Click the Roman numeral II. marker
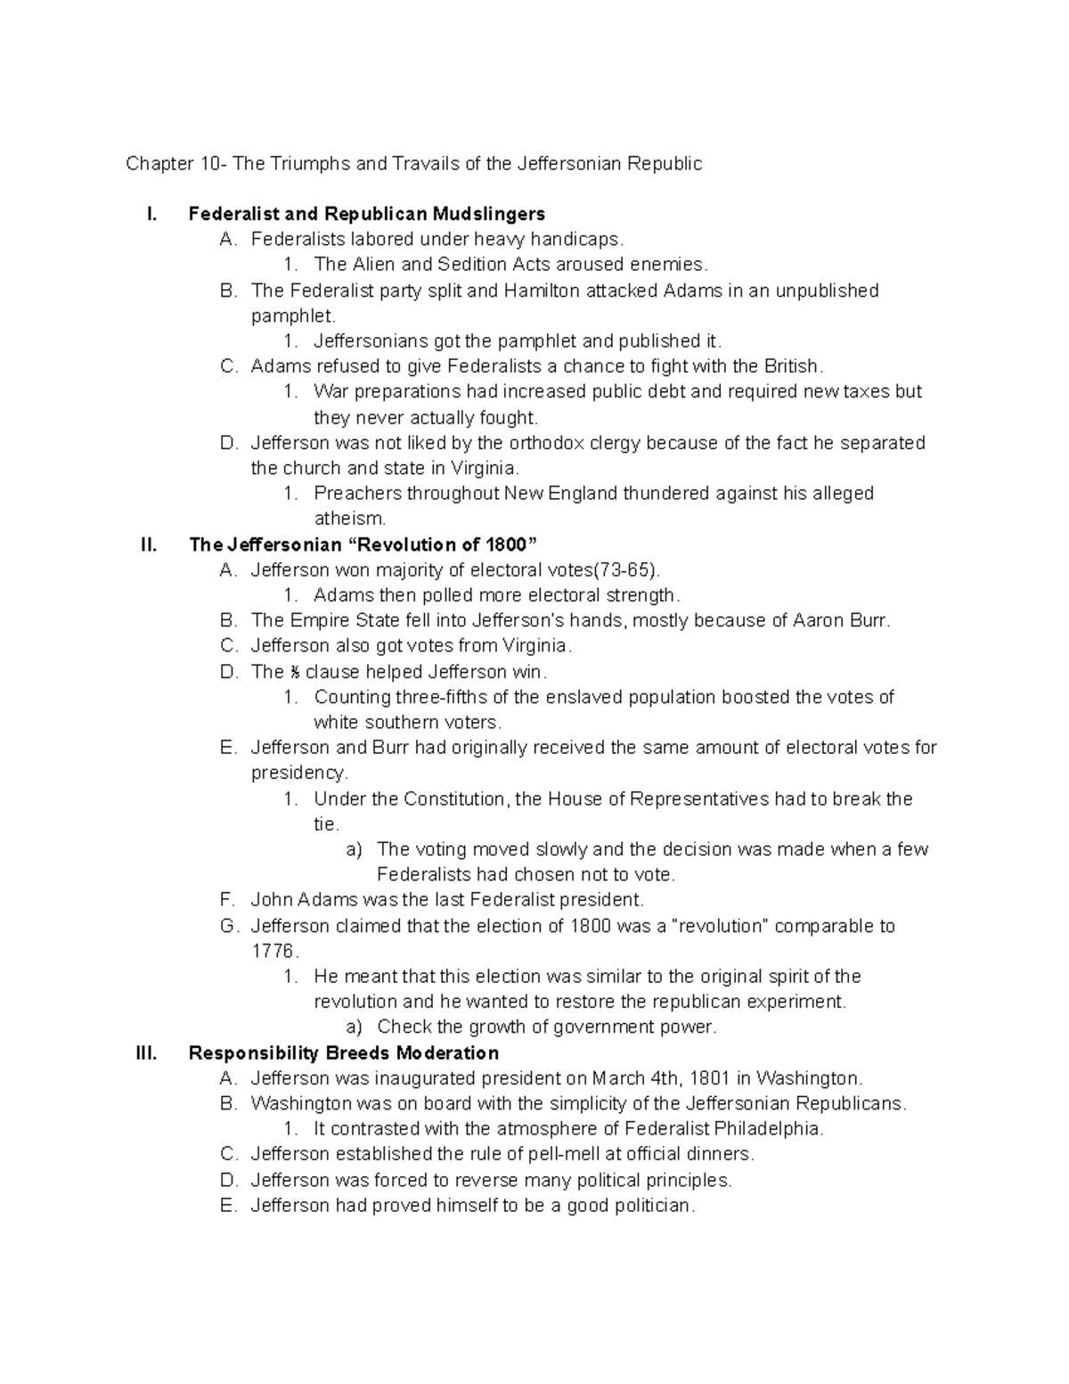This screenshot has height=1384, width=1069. coord(149,545)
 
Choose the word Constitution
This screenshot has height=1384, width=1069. coord(454,798)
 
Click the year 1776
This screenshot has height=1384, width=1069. coord(273,951)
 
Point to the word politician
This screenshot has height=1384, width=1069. coord(649,1206)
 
